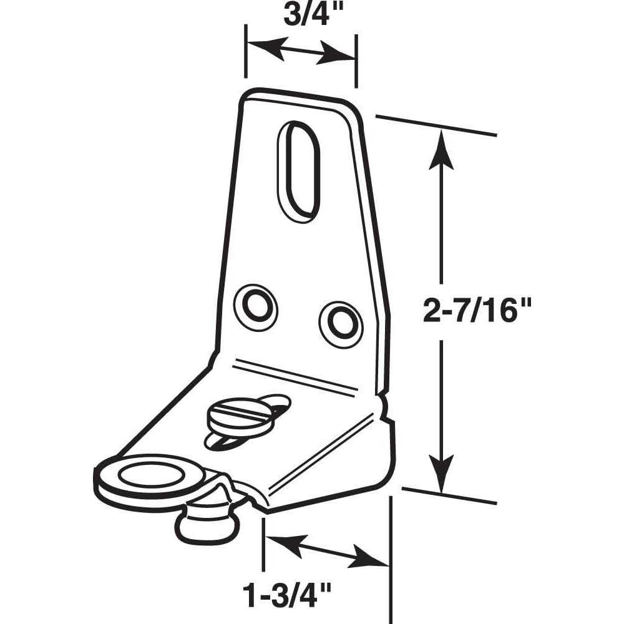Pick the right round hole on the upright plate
[x=341, y=324]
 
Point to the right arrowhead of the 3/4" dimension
[x=336, y=53]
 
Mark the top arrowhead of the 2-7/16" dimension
[x=441, y=149]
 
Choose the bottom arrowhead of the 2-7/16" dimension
[x=441, y=474]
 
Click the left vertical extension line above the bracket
[x=245, y=51]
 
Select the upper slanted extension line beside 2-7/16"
[x=436, y=125]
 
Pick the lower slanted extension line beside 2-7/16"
[x=450, y=495]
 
